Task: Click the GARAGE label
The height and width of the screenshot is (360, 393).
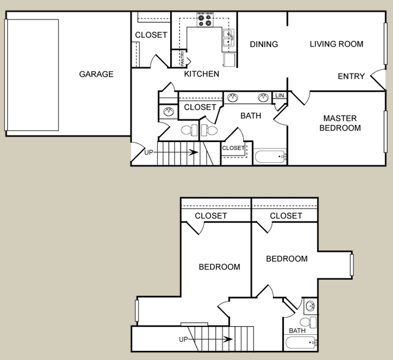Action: click(96, 74)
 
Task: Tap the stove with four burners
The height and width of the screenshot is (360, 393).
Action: click(205, 20)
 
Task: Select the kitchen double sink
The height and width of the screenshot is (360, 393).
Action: click(228, 38)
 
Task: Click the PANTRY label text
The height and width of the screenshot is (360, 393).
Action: click(182, 58)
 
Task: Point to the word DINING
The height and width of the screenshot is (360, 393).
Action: click(264, 44)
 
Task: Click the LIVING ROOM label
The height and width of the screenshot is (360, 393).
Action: click(336, 44)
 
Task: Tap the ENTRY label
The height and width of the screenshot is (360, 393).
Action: click(351, 76)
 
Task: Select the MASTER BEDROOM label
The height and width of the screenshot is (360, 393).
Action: click(340, 123)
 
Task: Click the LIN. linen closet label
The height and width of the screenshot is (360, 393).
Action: click(280, 96)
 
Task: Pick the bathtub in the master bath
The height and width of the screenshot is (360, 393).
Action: click(270, 157)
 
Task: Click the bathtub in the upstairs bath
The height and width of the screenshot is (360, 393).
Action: click(301, 343)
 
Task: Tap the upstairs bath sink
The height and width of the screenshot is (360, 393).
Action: click(310, 306)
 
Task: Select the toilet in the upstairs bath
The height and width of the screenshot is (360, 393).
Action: click(309, 322)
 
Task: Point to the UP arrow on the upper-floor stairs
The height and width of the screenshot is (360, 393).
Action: click(210, 339)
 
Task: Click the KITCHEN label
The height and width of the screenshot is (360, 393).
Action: click(201, 74)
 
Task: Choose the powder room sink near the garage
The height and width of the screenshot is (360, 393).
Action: click(168, 111)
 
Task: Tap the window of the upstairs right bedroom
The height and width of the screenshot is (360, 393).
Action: click(352, 265)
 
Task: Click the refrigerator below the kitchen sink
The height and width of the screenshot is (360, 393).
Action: click(230, 59)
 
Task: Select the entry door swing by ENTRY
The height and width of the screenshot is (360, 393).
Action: click(378, 79)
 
